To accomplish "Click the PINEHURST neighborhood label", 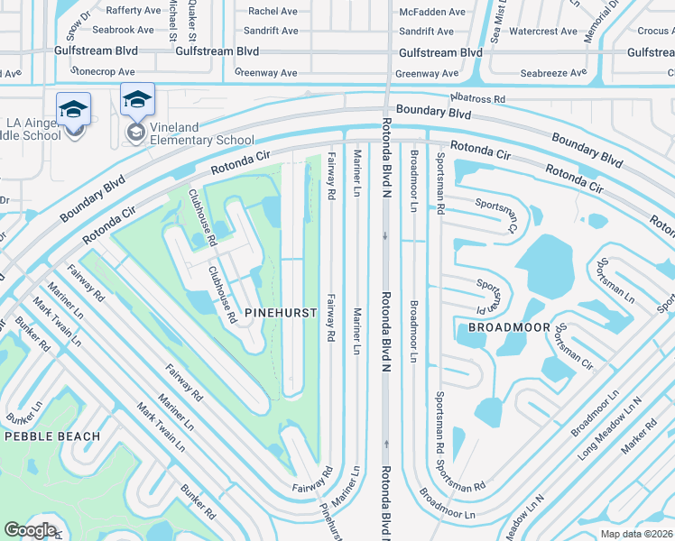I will point(281,313).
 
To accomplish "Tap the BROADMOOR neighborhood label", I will point(509,327).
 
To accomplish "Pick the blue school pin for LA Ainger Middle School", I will point(73,109).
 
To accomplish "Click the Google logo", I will point(30,530).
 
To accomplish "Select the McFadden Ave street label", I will point(431,12).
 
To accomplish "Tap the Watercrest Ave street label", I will point(542,32).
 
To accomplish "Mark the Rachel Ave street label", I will point(272,12).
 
